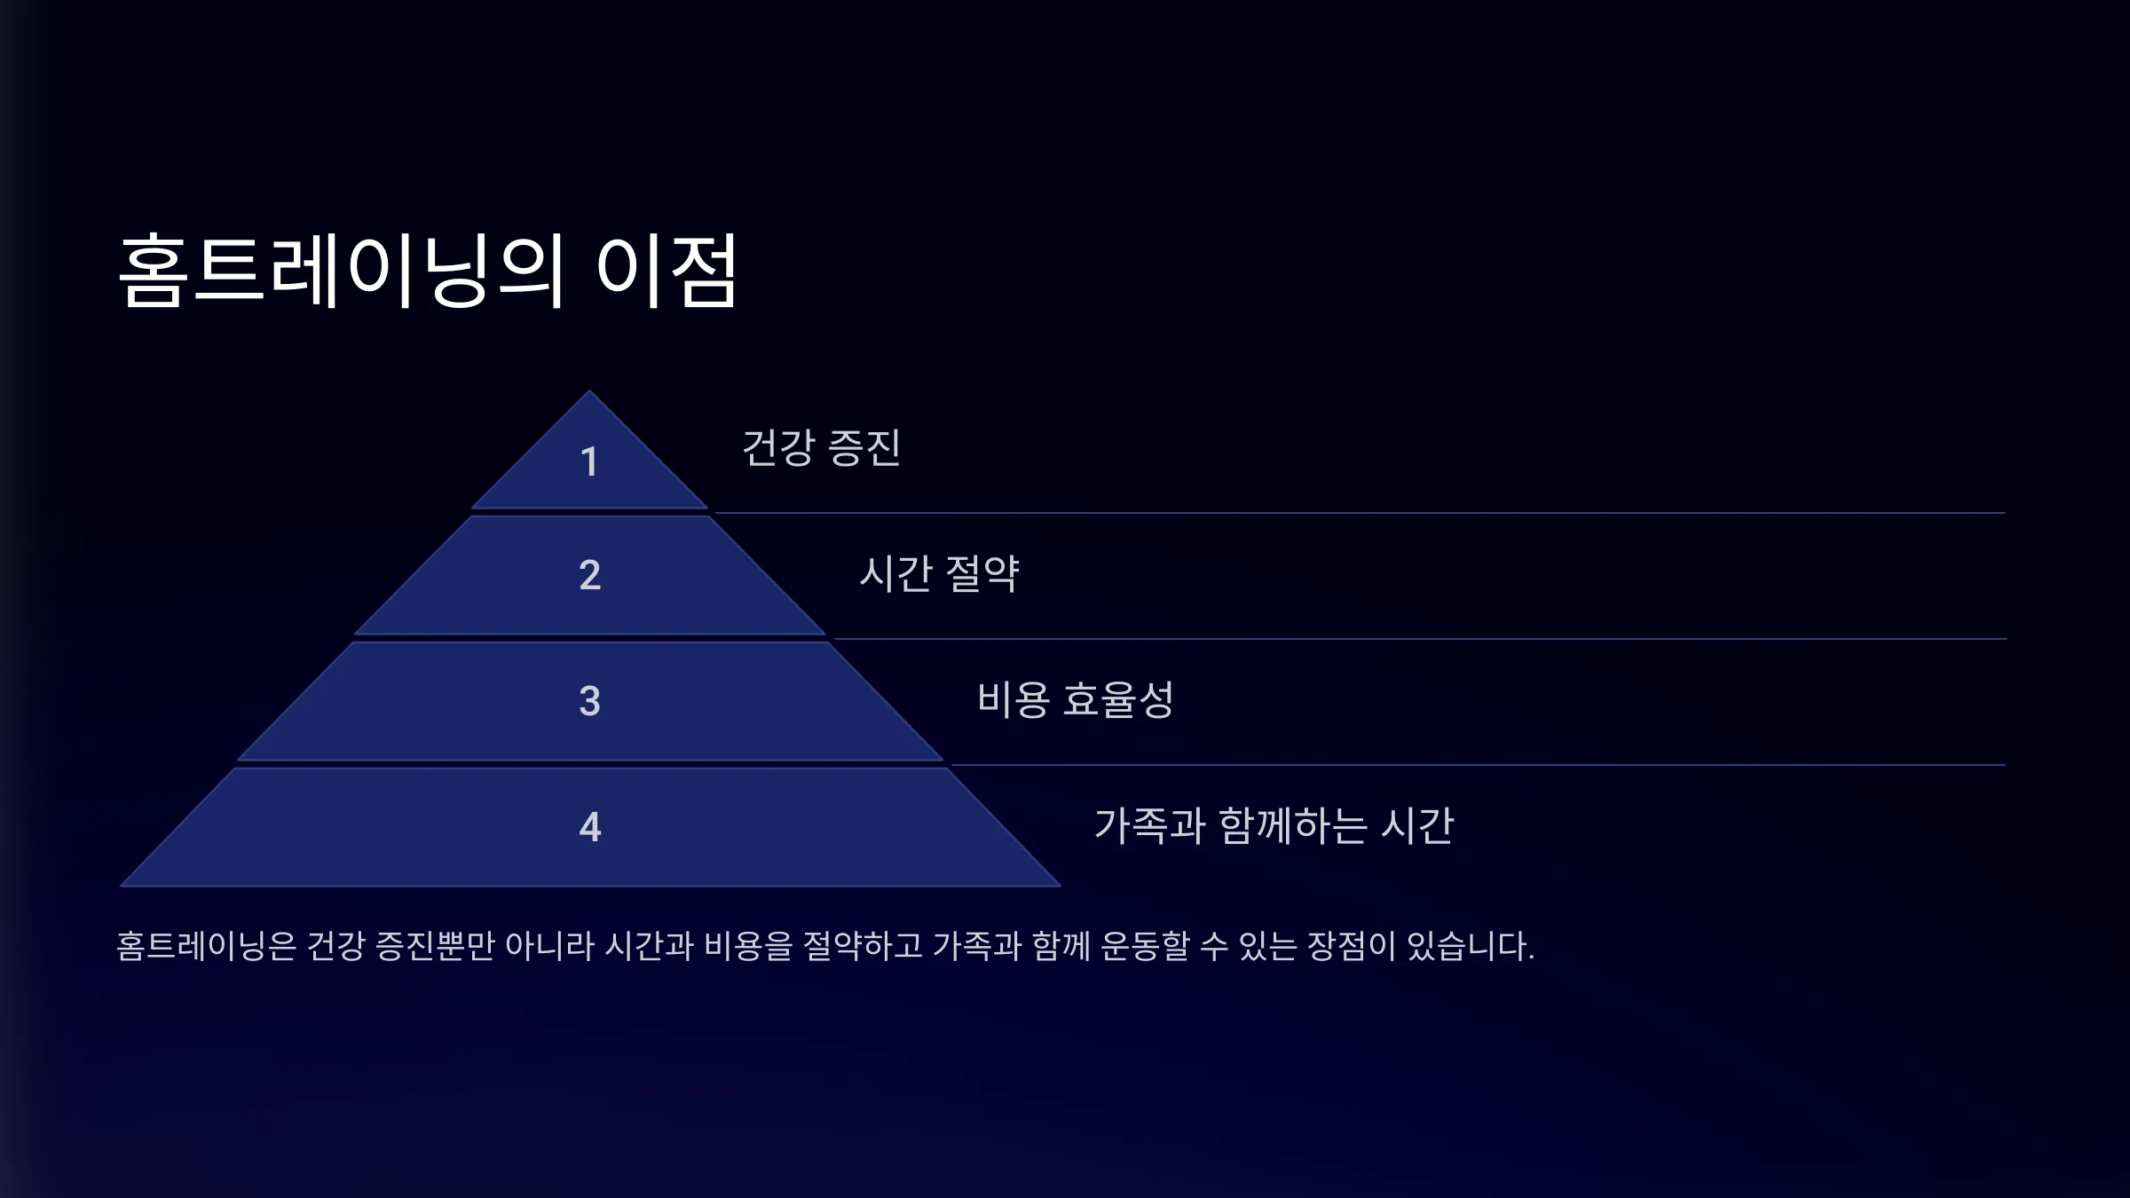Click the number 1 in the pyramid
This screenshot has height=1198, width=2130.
coord(589,461)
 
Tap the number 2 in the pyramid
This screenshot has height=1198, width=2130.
coord(590,575)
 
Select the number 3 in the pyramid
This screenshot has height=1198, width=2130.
coord(590,701)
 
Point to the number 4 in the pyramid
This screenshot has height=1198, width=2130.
coord(590,827)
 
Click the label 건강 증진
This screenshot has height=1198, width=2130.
coord(821,447)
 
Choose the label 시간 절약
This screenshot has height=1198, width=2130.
coord(939,573)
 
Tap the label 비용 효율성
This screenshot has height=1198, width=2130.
coord(1075,699)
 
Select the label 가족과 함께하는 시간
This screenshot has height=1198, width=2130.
coord(1274,825)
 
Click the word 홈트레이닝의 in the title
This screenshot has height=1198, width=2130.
coord(342,271)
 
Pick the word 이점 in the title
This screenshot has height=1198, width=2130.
coord(667,271)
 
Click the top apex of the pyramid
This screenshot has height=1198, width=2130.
coord(589,391)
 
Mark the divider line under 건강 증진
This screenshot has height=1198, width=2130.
coord(1360,513)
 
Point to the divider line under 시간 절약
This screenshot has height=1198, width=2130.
coord(1420,639)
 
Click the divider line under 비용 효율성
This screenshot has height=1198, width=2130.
coord(1479,765)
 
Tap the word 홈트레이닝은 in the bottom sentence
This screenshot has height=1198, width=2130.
coord(206,946)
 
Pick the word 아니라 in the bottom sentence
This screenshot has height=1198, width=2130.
coord(549,946)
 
